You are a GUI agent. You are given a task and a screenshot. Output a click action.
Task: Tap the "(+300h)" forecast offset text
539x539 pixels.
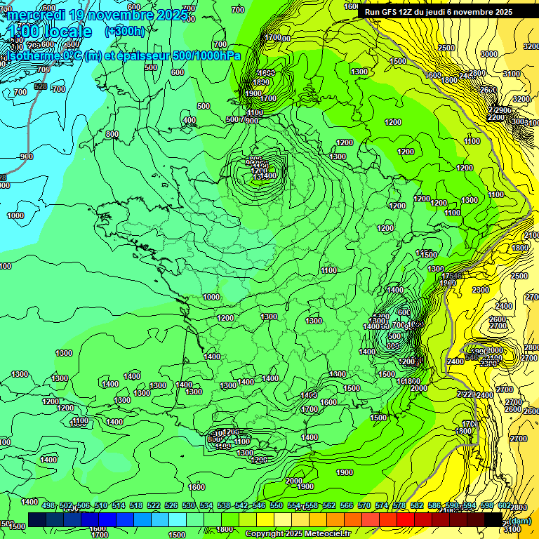click(x=126, y=31)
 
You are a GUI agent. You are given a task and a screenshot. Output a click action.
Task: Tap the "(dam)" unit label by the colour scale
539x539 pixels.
click(x=519, y=521)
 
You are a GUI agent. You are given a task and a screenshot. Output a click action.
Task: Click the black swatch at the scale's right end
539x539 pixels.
click(x=493, y=519)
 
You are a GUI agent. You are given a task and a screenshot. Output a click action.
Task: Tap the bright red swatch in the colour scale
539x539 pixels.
click(x=406, y=519)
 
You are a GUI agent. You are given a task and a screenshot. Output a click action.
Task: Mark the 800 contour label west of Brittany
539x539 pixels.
click(x=112, y=134)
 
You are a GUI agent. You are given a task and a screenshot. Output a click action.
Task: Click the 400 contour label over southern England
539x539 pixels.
click(x=189, y=120)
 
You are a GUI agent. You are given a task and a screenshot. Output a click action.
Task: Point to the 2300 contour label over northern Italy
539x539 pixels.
click(x=481, y=290)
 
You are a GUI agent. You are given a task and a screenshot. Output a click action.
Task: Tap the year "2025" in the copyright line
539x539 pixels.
click(x=288, y=533)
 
